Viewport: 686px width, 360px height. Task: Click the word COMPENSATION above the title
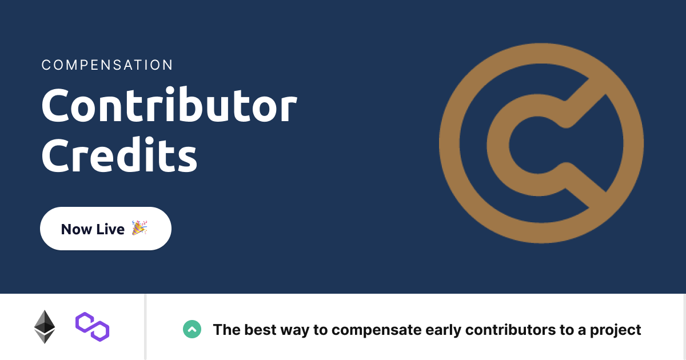107,65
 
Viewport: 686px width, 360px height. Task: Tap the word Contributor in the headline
169,106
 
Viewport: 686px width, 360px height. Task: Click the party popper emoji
139,228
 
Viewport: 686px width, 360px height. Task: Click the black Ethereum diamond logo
45,327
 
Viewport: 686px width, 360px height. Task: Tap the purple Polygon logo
92,327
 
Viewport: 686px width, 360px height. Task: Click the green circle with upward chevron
192,329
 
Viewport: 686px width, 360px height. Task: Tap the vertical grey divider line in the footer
145,327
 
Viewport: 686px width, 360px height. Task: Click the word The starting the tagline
226,330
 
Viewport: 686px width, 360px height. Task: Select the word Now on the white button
77,229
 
